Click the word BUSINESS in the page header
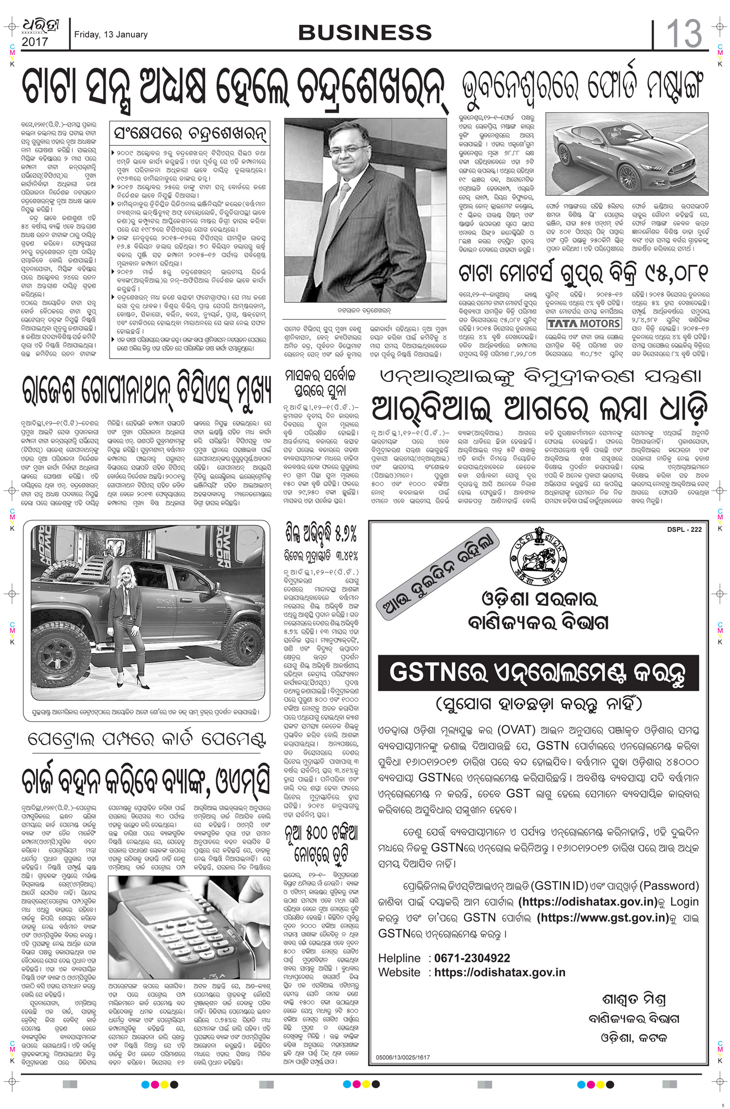pos(365,33)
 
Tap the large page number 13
pos(684,34)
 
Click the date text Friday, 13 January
pos(110,35)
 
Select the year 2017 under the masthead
pos(35,42)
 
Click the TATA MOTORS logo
pos(584,324)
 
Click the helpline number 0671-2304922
pos(472,958)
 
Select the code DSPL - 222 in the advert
pos(684,529)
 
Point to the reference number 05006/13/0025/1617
pos(403,1057)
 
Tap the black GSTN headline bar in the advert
pos(538,673)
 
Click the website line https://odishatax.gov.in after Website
pos(500,972)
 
